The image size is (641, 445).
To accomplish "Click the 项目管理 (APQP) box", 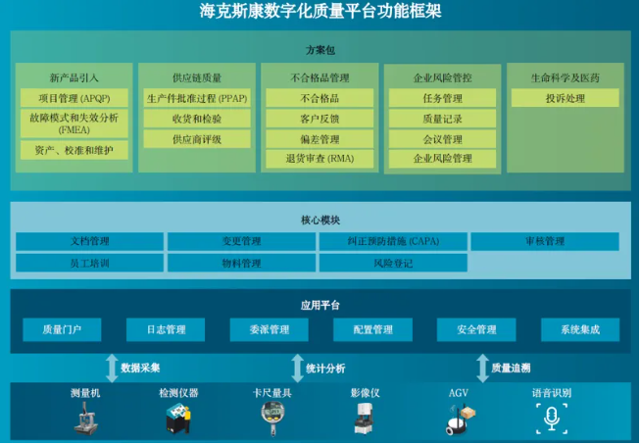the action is tap(74, 98).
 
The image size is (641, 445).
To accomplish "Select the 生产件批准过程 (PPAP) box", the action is tap(197, 98).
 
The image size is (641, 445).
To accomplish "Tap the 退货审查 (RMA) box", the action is tap(320, 159).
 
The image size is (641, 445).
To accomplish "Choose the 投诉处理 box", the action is tap(565, 98).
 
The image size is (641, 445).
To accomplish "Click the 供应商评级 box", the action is tap(197, 139).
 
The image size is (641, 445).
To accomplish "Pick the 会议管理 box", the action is tap(442, 139).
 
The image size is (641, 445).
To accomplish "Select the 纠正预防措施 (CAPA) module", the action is tap(393, 241).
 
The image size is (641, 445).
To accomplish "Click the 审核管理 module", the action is tap(545, 241).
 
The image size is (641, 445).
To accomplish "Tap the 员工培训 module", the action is tap(89, 263).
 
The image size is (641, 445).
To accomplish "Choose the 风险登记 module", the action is tap(393, 263).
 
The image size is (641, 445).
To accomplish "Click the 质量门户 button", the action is tap(62, 329).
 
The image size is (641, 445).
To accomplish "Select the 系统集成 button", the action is tap(580, 329).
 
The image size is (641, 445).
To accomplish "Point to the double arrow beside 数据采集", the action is tap(112, 369).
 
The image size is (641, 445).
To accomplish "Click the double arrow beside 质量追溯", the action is tap(483, 369).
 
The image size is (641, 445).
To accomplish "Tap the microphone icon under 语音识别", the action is tap(552, 419).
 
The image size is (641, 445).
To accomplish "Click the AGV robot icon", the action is tap(461, 419).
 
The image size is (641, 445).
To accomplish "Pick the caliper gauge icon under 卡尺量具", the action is tap(272, 418).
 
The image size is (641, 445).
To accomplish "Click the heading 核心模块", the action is tap(320, 220).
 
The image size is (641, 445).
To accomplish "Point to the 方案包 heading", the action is tap(320, 50).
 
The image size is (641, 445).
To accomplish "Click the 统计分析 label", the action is tap(325, 369).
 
